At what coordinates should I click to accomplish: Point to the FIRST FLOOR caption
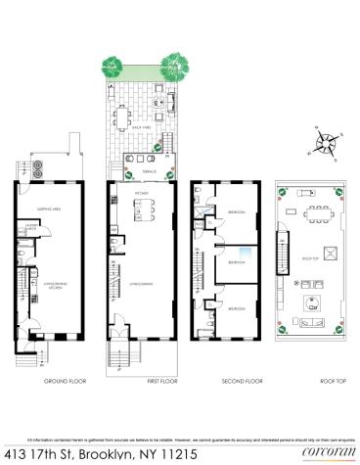[144, 381]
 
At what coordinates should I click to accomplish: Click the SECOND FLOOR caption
[229, 381]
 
